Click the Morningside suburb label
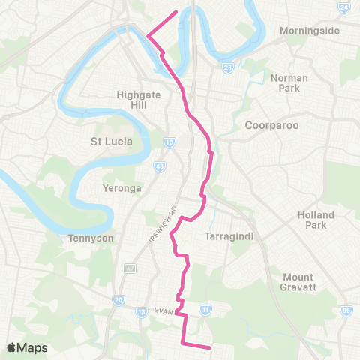coord(310,31)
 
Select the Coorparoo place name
coord(273,126)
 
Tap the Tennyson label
coord(91,238)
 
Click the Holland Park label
coord(315,220)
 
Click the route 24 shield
coord(343,7)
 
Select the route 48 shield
coord(160,166)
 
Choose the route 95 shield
coord(346,309)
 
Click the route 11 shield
coord(205,307)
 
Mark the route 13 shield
coord(141,311)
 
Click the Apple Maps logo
coord(27,347)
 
